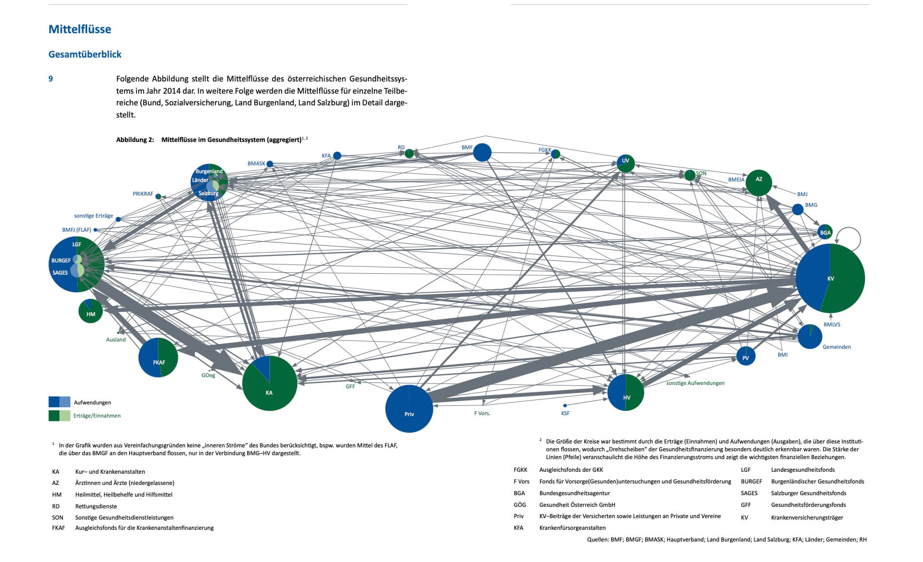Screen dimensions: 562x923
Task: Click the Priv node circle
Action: point(409,409)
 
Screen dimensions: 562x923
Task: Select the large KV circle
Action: point(830,278)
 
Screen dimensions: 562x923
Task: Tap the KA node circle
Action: point(269,383)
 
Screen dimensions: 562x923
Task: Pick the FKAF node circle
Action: point(158,357)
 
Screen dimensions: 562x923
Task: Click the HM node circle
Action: point(91,311)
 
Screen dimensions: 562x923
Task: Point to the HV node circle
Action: point(626,392)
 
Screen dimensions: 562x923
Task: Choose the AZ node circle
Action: point(759,183)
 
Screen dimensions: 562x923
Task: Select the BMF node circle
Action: point(482,152)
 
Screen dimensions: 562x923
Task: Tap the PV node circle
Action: point(746,356)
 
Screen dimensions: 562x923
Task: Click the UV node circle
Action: point(626,163)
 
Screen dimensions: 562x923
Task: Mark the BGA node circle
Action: point(825,232)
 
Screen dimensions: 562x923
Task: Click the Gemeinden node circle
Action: point(810,337)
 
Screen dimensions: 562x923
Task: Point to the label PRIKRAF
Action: point(143,194)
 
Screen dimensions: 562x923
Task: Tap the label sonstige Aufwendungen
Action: point(695,383)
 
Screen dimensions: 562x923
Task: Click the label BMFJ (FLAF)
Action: point(77,230)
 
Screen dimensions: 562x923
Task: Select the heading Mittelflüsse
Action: point(80,29)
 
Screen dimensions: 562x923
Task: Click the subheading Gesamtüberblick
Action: point(85,54)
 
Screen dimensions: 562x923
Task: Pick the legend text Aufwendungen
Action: point(93,402)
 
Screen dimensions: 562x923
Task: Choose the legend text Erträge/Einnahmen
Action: point(97,416)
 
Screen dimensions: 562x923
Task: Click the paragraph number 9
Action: point(51,79)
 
